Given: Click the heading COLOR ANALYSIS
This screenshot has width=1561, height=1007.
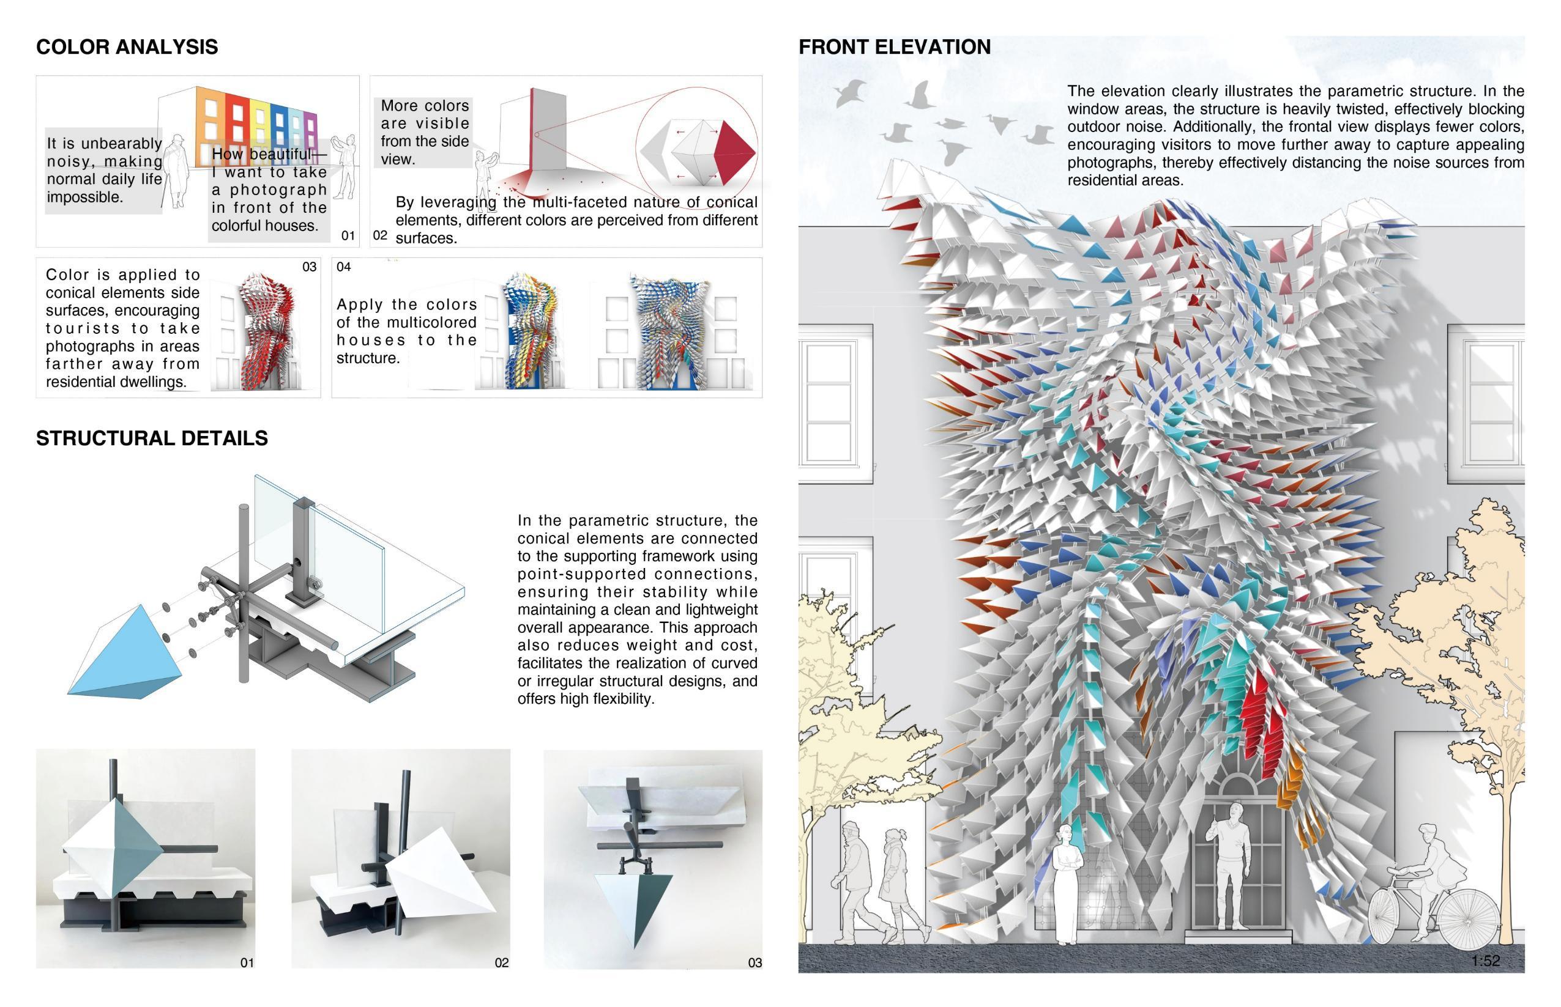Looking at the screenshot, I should pos(127,47).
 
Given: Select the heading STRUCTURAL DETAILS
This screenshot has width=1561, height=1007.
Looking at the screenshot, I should pos(152,438).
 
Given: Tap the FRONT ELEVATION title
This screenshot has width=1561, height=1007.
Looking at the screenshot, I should pos(895,47).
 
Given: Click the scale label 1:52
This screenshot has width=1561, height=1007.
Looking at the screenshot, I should pos(1485,961).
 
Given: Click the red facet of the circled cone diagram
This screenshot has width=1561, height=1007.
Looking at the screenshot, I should pos(732,153).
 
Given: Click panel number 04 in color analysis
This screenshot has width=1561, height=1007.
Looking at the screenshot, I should pos(343,267).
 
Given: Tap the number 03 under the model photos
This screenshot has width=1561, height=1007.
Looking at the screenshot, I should pos(754,962).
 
